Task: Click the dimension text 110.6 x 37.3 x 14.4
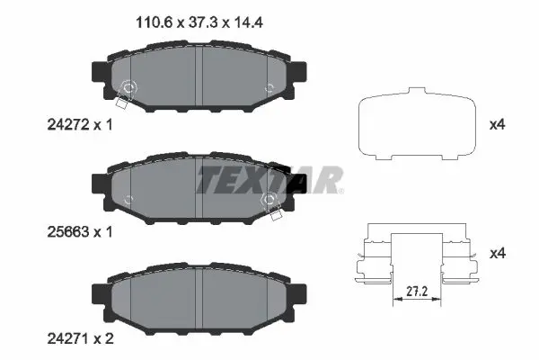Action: click(199, 22)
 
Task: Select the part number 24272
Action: click(68, 125)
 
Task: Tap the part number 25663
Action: click(68, 232)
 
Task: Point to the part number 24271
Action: click(68, 339)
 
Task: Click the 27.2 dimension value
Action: click(417, 292)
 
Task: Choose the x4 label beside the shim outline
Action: click(497, 124)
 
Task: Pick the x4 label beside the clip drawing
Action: click(497, 254)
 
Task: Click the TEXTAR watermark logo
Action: click(269, 180)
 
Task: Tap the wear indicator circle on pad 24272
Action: click(128, 87)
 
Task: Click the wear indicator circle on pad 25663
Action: click(269, 199)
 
